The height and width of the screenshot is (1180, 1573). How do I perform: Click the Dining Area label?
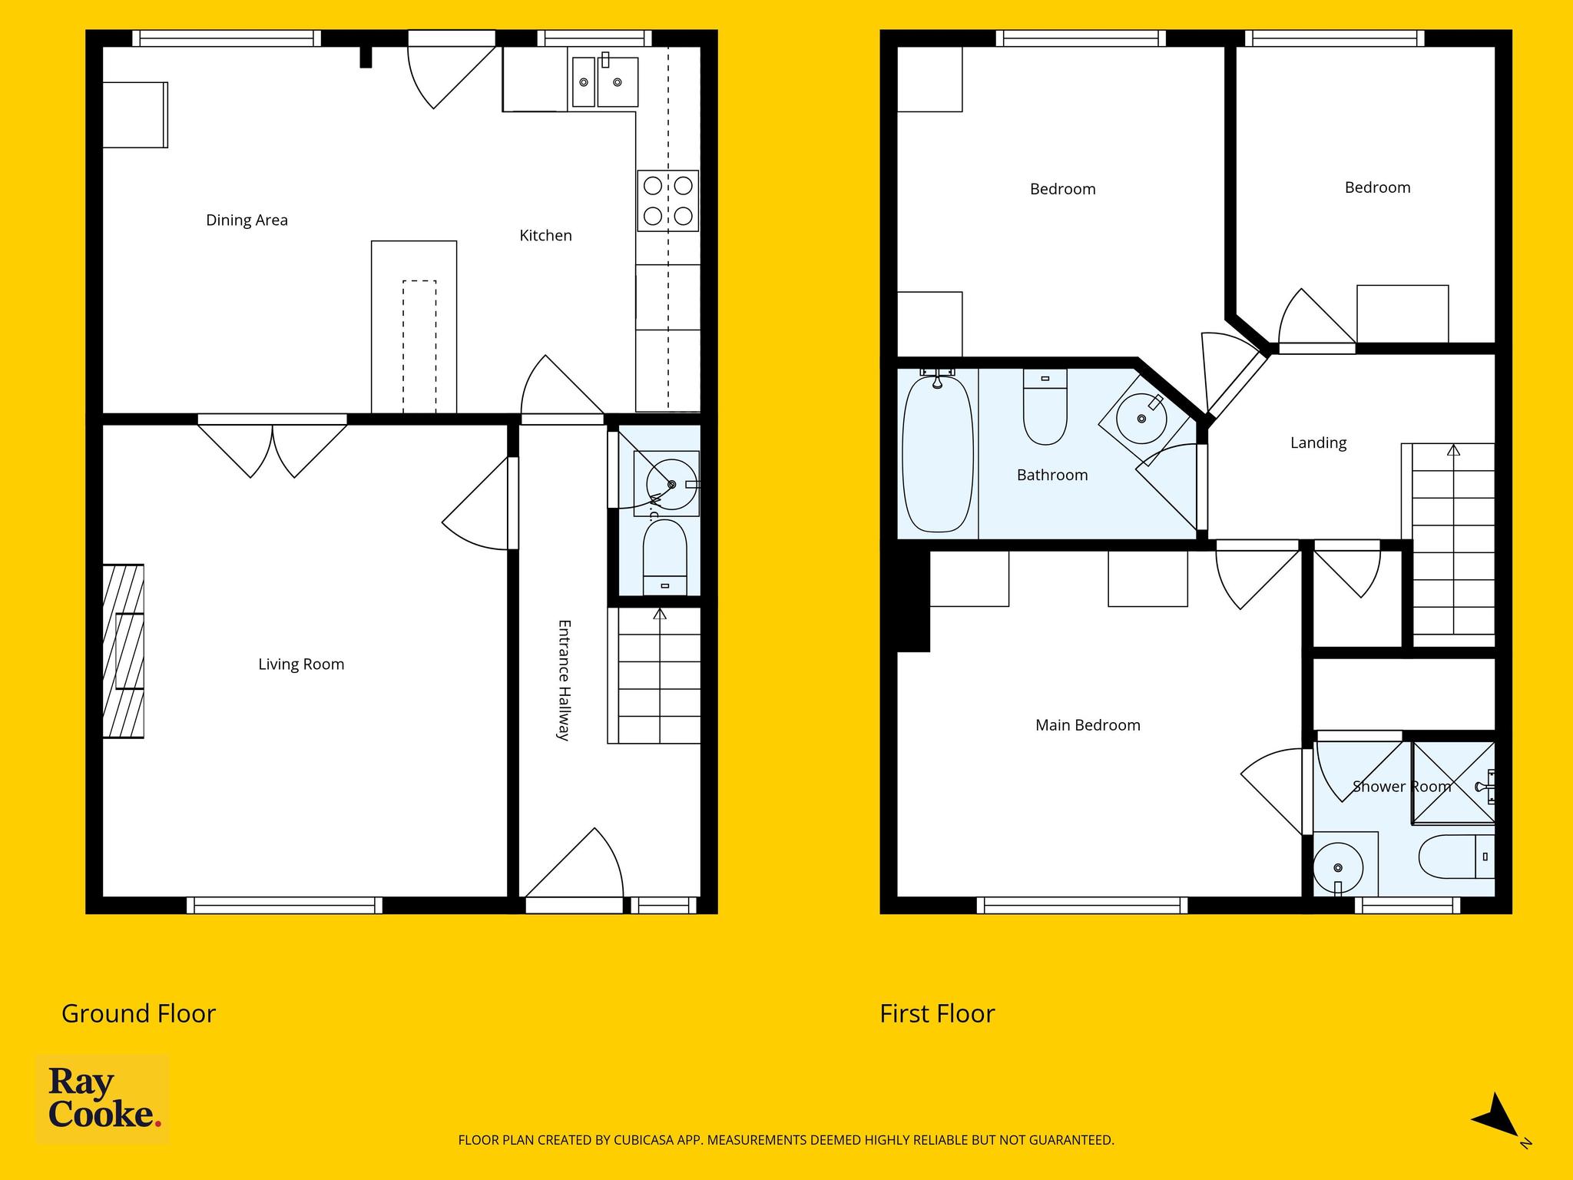point(247,220)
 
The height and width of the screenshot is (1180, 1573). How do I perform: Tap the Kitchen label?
point(545,236)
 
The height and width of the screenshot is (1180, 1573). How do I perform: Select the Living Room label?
point(301,665)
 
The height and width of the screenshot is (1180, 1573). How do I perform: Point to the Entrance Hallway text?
point(563,680)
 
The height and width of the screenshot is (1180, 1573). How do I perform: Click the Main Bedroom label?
point(1088,725)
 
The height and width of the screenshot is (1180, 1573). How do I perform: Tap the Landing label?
point(1318,443)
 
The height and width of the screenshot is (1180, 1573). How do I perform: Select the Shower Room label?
point(1402,787)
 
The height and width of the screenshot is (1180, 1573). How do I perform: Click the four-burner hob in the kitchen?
point(668,201)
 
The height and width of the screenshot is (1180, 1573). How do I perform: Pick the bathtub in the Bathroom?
point(937,452)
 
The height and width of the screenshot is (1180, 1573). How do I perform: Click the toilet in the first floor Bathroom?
point(1045,406)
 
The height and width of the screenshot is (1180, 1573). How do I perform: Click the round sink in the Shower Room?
point(1338,867)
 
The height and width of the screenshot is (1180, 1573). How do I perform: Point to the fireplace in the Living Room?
point(124,651)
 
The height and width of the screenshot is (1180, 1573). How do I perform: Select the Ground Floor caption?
point(138,1014)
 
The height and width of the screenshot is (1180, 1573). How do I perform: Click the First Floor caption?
point(937,1014)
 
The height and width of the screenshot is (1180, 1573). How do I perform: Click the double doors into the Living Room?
point(273,449)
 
